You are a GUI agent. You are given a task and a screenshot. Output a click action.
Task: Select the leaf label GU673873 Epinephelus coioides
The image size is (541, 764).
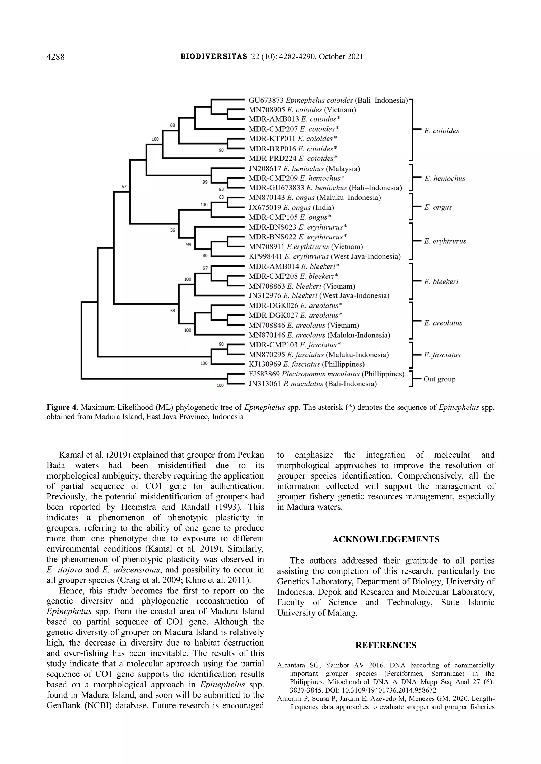point(328,100)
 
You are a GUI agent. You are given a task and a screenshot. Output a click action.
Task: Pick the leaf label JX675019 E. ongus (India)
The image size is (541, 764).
point(291,208)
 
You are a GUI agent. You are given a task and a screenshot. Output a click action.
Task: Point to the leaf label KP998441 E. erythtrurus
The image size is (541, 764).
point(324,256)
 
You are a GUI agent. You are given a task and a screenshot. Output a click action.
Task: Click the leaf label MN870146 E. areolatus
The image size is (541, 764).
point(319,335)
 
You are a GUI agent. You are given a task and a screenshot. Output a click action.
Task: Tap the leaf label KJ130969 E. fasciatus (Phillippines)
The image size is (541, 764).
point(306,364)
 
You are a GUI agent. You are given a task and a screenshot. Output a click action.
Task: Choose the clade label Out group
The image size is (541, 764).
point(439,379)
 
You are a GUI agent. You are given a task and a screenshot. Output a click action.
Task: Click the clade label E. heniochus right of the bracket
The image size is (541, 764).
point(444,179)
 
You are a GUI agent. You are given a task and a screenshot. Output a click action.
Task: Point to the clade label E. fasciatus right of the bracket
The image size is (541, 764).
point(442,355)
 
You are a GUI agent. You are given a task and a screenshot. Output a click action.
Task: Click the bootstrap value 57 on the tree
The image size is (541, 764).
point(124,187)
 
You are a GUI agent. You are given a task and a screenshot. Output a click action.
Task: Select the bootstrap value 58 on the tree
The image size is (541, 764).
point(172,311)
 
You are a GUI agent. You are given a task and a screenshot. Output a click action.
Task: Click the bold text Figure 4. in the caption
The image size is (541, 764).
point(62,407)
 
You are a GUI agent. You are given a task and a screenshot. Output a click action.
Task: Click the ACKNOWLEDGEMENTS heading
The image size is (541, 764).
point(386,539)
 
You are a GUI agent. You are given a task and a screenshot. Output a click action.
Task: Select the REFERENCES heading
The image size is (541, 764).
point(386,645)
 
